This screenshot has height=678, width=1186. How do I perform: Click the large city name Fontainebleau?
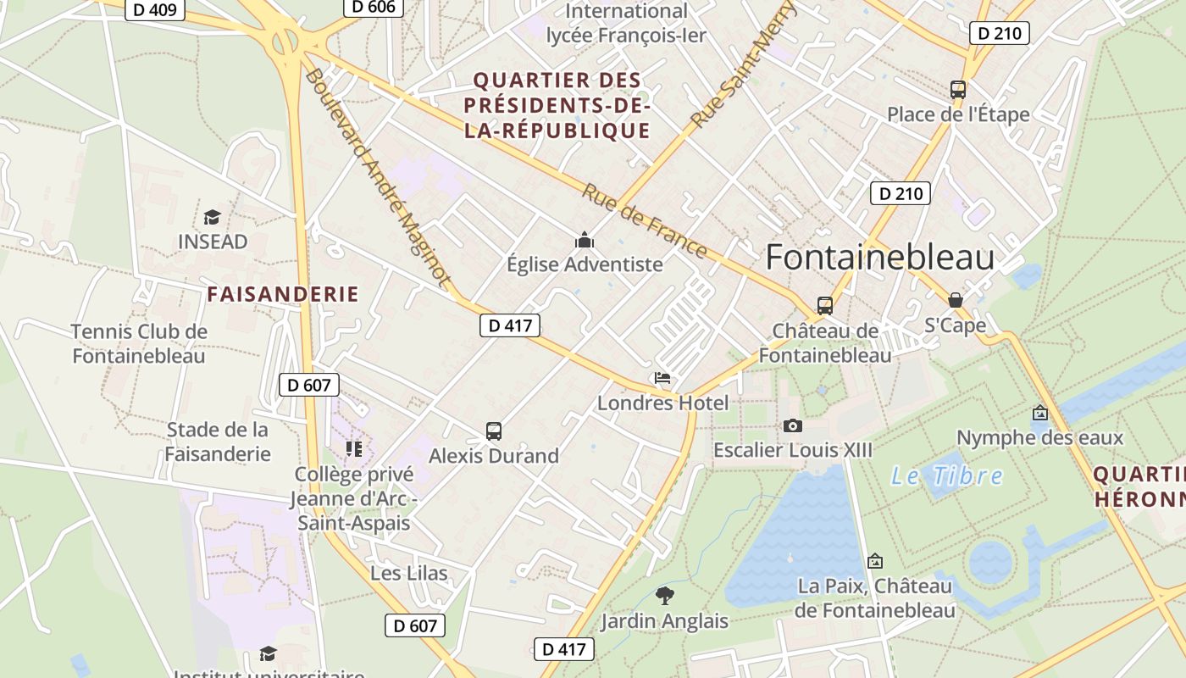879,257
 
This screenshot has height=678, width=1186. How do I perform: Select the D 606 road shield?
373,7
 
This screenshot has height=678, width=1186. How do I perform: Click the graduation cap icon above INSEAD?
212,217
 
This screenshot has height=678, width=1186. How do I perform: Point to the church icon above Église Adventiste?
585,241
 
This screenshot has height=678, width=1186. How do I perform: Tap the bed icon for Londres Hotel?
662,378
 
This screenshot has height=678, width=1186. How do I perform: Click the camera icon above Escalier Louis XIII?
792,425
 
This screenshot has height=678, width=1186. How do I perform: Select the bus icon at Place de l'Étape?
957,89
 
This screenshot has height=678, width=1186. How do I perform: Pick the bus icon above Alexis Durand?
494,431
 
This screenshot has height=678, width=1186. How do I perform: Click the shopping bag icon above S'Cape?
955,300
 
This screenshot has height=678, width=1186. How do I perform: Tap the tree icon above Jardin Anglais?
665,596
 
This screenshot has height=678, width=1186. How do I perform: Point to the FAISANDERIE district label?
283,295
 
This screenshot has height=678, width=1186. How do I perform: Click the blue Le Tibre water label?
946,476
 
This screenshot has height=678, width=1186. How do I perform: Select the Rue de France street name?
644,221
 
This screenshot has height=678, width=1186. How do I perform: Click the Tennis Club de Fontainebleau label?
139,343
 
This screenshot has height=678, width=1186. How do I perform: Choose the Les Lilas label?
408,574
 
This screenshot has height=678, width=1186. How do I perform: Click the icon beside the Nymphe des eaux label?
1039,413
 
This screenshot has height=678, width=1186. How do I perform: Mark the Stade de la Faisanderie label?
218,442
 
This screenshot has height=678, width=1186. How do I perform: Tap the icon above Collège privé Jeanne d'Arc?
353,448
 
